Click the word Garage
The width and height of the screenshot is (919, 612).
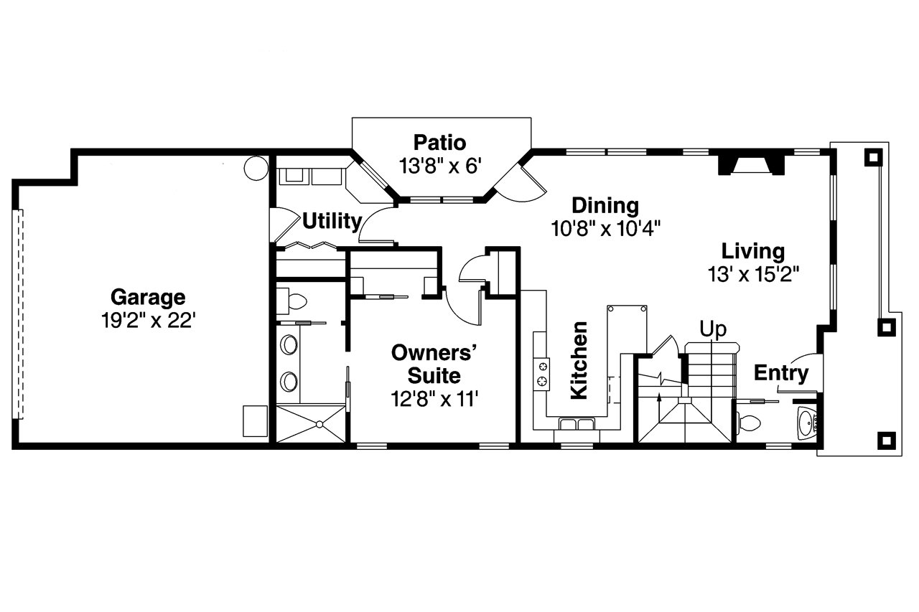click(x=148, y=298)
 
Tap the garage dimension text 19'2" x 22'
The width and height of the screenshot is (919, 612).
click(x=148, y=321)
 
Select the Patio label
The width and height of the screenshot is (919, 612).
click(x=440, y=143)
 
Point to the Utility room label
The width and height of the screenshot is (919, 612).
click(x=332, y=222)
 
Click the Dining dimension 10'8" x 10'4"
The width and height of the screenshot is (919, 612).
click(x=605, y=229)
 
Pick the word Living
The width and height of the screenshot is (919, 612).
click(x=753, y=251)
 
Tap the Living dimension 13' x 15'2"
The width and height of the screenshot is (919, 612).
click(x=754, y=274)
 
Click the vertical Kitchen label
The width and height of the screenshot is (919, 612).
click(x=579, y=360)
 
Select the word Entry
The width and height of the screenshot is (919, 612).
click(x=781, y=373)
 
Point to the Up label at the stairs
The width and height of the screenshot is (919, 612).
click(x=713, y=329)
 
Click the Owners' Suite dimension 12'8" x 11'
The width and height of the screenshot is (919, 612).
click(x=434, y=399)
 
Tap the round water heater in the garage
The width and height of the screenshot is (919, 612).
click(x=256, y=168)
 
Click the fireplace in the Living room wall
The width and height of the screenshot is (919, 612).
click(x=751, y=165)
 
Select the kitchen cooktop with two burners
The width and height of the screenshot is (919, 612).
click(x=542, y=375)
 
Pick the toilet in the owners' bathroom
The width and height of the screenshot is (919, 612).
click(x=292, y=302)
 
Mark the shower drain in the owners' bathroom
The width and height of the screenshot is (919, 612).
click(x=319, y=425)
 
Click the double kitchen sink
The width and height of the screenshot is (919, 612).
click(x=577, y=424)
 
